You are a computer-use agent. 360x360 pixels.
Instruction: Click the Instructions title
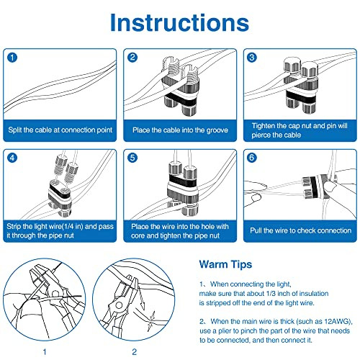179,22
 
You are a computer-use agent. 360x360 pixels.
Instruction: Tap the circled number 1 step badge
12,58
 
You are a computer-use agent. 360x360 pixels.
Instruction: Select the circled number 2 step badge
132,58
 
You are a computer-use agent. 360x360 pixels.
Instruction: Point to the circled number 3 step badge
252,58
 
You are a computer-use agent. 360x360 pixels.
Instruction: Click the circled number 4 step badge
12,158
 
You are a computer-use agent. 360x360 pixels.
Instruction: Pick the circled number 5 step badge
132,158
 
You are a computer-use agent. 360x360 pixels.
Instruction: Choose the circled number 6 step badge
252,158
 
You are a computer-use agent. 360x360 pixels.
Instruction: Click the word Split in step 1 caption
15,130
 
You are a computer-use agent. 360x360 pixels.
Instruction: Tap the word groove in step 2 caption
217,130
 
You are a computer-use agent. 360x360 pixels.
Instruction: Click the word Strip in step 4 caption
14,227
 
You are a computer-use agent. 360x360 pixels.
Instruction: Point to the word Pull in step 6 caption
256,230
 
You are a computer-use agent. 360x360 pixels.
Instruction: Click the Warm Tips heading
225,264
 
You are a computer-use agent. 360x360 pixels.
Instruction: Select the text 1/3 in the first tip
270,294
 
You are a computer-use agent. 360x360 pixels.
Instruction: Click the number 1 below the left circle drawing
45,352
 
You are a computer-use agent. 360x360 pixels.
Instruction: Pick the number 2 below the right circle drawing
134,352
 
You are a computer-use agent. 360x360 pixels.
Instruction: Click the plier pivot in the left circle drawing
55,294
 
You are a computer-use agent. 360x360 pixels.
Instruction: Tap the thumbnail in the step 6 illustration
254,198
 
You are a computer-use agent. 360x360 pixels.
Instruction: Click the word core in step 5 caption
138,236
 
